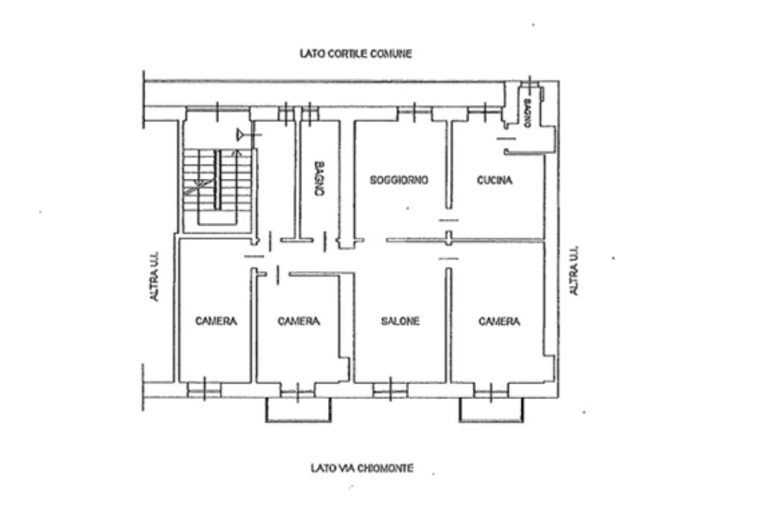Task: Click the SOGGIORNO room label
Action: tap(399, 180)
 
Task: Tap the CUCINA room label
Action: tap(495, 180)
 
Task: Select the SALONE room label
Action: tap(400, 321)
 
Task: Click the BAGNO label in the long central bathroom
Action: tap(319, 179)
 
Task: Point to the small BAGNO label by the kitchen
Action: tap(527, 113)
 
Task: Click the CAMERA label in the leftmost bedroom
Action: tap(216, 321)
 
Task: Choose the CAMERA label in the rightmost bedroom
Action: tap(499, 321)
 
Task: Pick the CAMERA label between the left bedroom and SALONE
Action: tap(299, 321)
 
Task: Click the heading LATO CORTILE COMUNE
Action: tap(355, 54)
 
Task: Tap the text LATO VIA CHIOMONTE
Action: tap(362, 468)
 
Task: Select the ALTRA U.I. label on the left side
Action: tap(153, 276)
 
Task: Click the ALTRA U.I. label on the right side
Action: tap(574, 270)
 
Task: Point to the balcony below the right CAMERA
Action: tap(492, 410)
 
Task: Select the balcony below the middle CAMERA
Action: tap(298, 410)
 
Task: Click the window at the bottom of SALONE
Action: tap(390, 390)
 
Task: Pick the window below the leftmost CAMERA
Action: tap(204, 390)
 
